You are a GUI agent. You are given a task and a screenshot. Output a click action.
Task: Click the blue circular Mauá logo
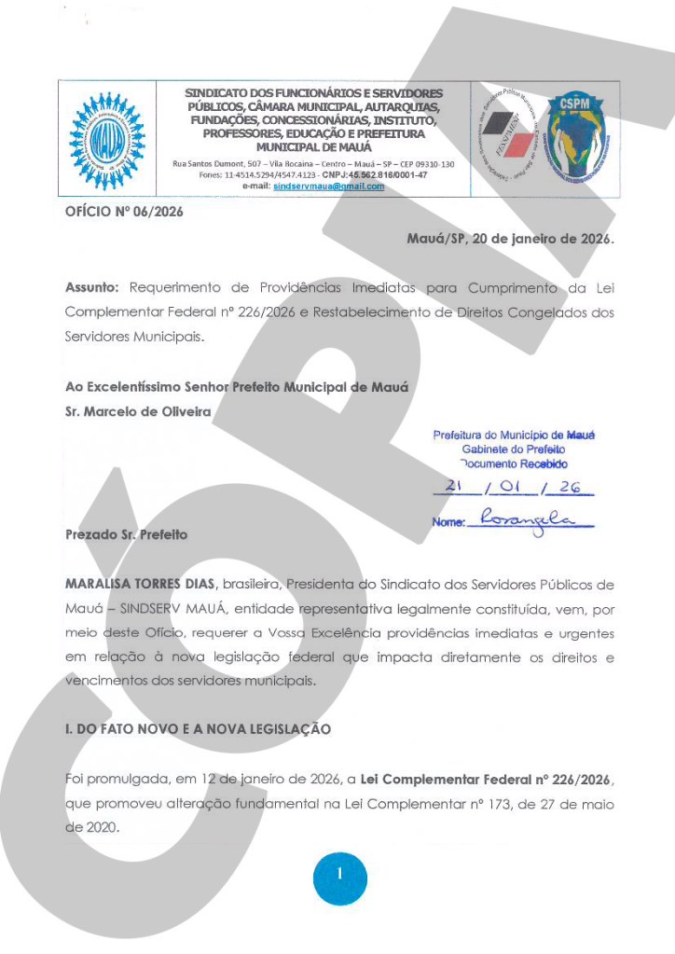click(x=107, y=140)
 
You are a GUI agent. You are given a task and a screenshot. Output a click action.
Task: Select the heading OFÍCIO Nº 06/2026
click(x=124, y=212)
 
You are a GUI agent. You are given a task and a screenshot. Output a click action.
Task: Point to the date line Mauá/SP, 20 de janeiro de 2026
click(x=510, y=239)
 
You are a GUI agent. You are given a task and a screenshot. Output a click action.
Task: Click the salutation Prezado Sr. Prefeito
click(x=126, y=535)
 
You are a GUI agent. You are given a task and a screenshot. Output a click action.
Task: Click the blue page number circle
click(x=340, y=875)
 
